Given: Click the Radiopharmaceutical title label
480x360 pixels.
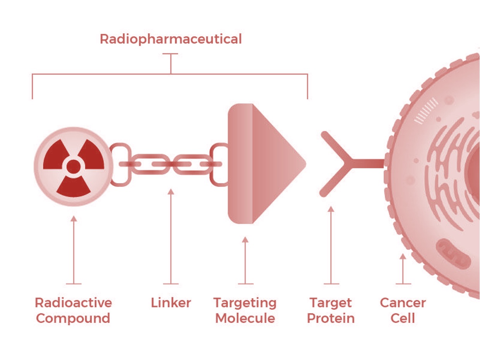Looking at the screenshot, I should [x=171, y=39].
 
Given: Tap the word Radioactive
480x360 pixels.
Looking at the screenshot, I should [x=73, y=302].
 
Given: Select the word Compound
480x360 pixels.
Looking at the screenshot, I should [x=73, y=319].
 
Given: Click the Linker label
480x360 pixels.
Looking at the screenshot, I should [x=171, y=303].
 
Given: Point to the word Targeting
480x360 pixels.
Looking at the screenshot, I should [x=245, y=303].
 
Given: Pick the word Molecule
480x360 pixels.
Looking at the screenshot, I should [x=245, y=319].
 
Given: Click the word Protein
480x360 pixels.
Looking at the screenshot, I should [x=331, y=319].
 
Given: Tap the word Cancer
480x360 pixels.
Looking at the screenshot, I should [x=403, y=302].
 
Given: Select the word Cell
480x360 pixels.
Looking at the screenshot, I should [x=403, y=319].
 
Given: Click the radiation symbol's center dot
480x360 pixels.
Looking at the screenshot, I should [x=74, y=166].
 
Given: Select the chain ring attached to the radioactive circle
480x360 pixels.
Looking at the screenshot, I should [x=120, y=165].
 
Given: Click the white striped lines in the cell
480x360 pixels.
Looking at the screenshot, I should [x=426, y=110].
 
